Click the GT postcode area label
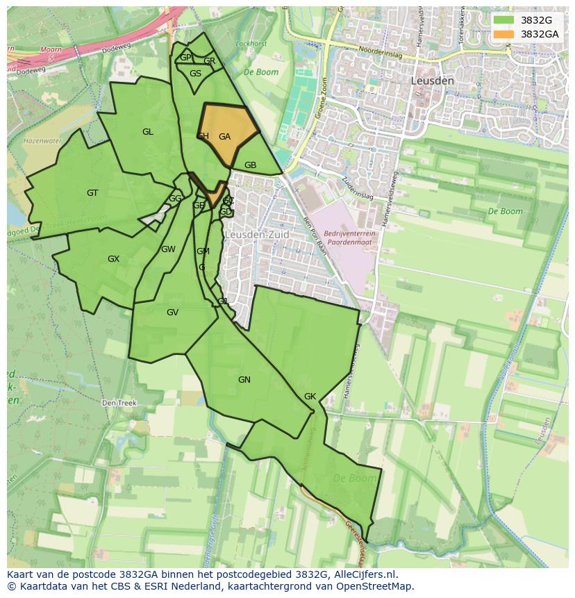click(x=92, y=193)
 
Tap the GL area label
click(x=148, y=132)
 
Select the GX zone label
click(x=113, y=259)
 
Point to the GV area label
click(x=172, y=313)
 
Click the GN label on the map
click(x=244, y=380)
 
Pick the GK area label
click(x=310, y=397)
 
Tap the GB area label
click(x=251, y=165)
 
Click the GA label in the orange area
click(x=224, y=137)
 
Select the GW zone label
click(x=168, y=249)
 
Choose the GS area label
click(x=196, y=74)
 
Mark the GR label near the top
click(x=209, y=61)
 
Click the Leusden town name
click(x=432, y=81)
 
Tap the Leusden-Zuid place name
click(x=256, y=235)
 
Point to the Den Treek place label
click(x=119, y=403)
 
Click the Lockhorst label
click(x=251, y=44)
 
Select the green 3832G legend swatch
click(x=504, y=20)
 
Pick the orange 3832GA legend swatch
click(x=504, y=34)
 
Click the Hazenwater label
click(x=43, y=140)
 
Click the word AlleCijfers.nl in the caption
click(x=365, y=574)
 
